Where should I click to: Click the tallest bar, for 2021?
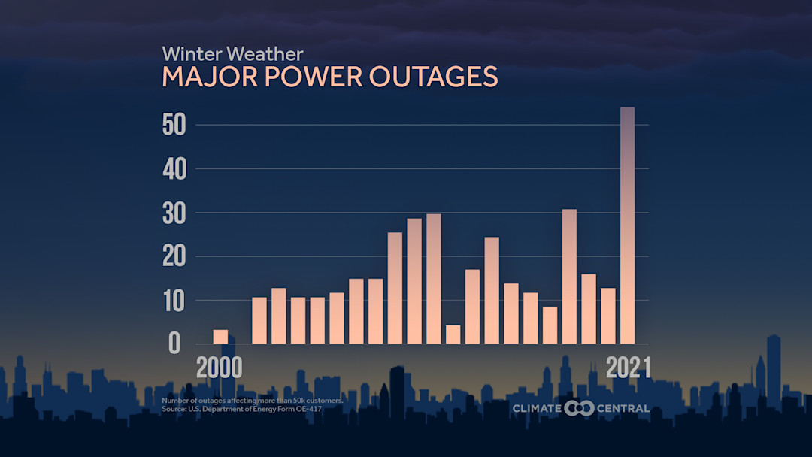627,225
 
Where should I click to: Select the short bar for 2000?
220,337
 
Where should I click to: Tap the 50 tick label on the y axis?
174,125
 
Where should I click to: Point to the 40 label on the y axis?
174,169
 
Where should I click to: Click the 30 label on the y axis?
174,213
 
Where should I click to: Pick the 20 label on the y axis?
174,257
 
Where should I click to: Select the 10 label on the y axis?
174,301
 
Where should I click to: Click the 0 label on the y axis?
174,344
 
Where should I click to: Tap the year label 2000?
219,368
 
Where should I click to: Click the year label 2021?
629,368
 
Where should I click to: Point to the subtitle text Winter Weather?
232,54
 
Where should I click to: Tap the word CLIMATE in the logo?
537,408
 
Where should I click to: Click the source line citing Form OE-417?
241,408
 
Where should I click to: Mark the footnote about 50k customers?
252,401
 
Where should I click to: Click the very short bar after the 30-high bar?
453,334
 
